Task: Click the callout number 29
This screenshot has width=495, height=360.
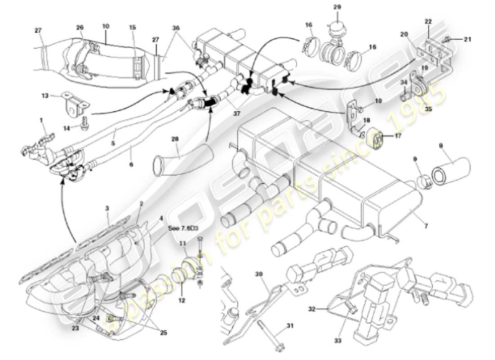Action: click(x=337, y=7)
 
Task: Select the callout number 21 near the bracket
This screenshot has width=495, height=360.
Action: click(x=467, y=40)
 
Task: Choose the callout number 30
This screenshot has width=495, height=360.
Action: click(x=258, y=274)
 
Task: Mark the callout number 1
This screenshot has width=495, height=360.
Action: click(x=41, y=120)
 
